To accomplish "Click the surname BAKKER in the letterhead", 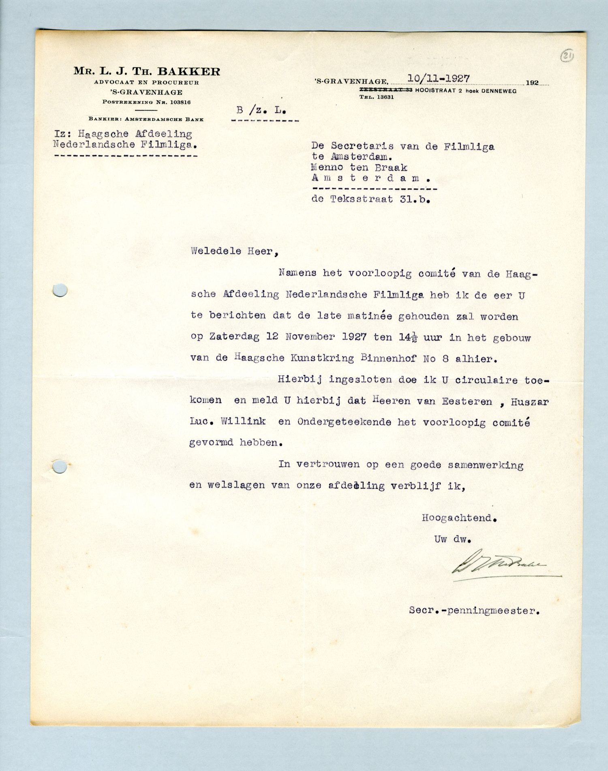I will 189,72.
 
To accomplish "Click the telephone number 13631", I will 385,97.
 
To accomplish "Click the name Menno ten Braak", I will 359,167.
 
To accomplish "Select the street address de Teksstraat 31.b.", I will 370,199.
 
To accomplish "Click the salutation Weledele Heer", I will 234,251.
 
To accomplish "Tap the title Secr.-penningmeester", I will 474,610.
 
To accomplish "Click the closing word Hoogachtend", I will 459,518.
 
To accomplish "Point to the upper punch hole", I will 60,290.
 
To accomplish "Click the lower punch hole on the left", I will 60,467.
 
